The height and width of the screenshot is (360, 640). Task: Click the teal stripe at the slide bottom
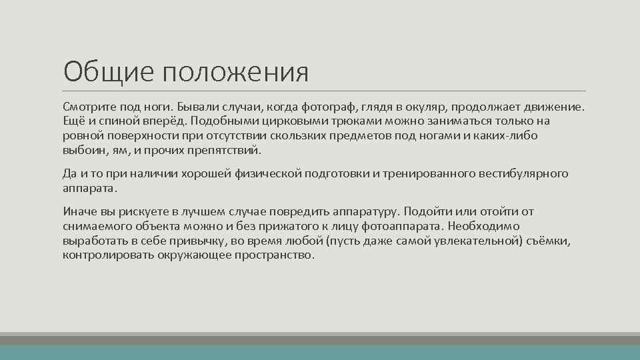[320, 352]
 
